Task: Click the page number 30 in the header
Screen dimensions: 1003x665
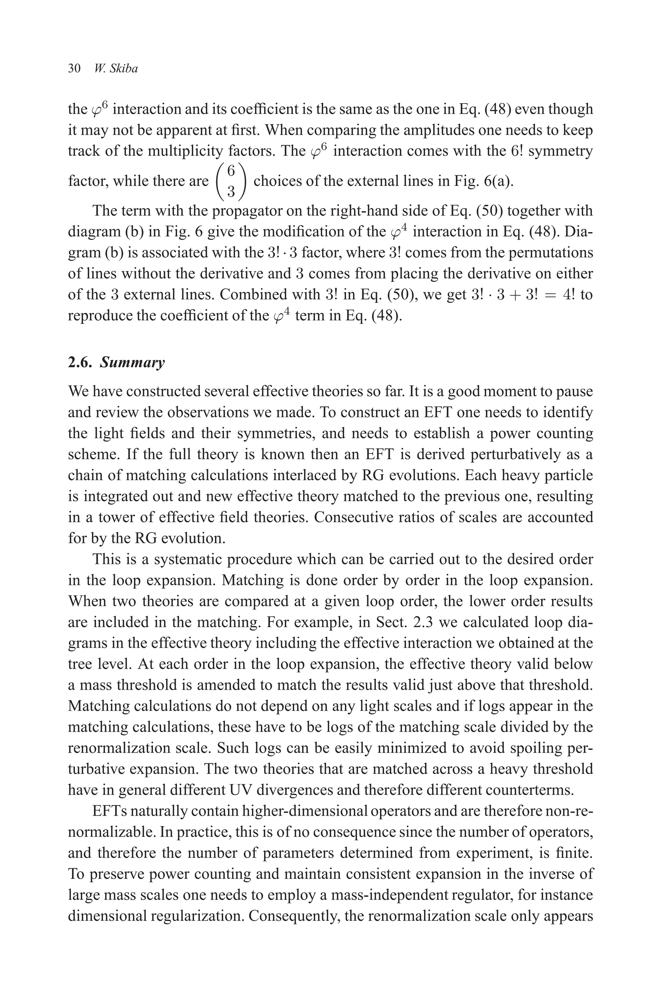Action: pos(74,69)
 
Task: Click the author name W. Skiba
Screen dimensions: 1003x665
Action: pos(116,69)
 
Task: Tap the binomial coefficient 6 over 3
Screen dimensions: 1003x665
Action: pos(231,181)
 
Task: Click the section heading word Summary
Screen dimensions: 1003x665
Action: pos(132,363)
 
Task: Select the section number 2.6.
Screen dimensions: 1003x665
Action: pos(81,363)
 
